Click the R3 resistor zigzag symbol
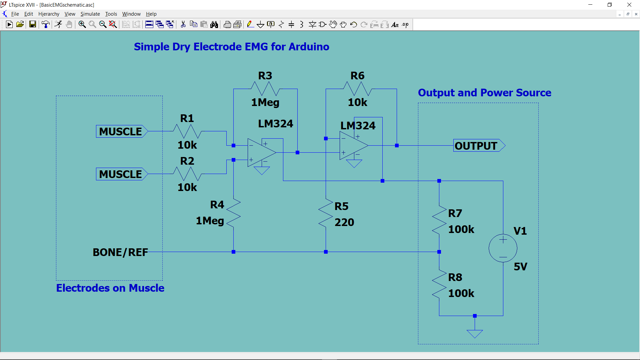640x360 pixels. (265, 89)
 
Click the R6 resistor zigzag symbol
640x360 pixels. (357, 89)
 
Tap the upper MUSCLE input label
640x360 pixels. (121, 131)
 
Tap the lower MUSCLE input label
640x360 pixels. (121, 174)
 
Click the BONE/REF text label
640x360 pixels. (120, 252)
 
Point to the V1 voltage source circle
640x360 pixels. (503, 248)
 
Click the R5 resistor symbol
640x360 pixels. (326, 214)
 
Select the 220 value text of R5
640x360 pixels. (344, 222)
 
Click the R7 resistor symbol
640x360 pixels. (439, 220)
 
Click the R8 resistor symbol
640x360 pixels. (439, 284)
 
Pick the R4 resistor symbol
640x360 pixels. (233, 214)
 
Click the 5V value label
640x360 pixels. (520, 267)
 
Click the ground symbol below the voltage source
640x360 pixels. (475, 333)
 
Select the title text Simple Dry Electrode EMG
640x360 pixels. (231, 47)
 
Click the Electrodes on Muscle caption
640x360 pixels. (110, 288)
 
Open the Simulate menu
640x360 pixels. (90, 14)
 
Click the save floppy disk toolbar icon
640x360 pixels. (32, 24)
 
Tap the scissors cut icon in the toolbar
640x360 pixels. (183, 24)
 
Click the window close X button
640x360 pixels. (629, 5)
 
